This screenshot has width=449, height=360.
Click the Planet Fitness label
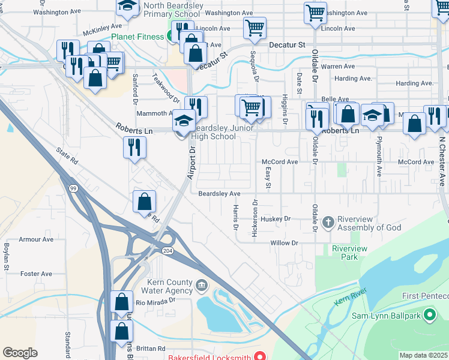[137, 37]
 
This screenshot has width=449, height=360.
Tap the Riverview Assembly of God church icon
[328, 223]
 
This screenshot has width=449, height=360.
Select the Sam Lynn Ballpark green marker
[430, 314]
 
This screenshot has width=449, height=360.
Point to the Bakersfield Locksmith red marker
[260, 355]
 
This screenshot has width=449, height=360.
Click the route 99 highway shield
[73, 188]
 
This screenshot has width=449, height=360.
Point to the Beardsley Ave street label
[219, 194]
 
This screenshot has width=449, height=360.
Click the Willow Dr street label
[284, 243]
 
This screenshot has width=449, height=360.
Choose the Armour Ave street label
[36, 239]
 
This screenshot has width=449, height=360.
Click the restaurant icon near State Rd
[134, 147]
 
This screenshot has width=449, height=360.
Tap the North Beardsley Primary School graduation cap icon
[127, 6]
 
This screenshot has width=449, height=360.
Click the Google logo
[20, 353]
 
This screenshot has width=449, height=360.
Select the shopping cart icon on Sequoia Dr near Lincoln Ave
[255, 27]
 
